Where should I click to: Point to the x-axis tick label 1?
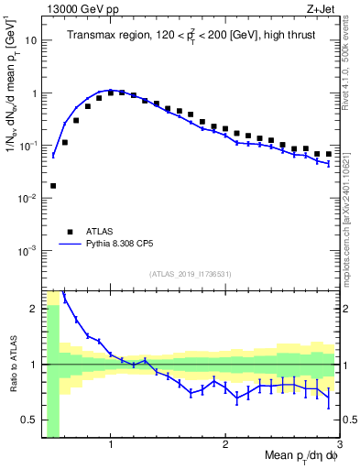(111, 444)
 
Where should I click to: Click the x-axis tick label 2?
(225, 444)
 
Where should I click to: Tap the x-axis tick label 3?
(339, 444)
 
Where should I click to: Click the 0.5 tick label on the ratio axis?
(30, 420)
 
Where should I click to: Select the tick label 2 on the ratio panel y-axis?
(35, 309)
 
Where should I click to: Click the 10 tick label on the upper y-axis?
(30, 40)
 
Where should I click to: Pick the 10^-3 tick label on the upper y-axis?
(28, 251)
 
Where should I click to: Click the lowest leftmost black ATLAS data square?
(53, 186)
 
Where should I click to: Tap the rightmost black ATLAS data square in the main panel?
(329, 154)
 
